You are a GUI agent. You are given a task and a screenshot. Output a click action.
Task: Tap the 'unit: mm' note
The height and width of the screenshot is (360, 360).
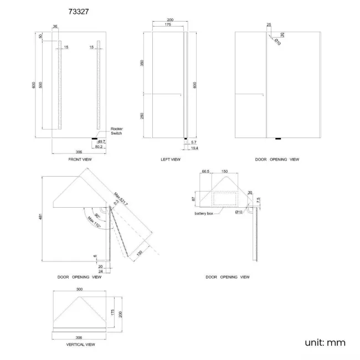click(325, 342)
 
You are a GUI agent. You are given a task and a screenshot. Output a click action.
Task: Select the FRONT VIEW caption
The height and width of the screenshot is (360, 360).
click(80, 159)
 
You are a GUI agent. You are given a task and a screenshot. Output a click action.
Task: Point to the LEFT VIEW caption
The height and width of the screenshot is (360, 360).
click(170, 159)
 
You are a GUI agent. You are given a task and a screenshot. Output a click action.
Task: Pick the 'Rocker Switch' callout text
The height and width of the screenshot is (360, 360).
click(116, 131)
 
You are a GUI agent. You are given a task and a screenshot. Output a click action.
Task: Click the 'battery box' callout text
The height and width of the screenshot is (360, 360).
click(204, 213)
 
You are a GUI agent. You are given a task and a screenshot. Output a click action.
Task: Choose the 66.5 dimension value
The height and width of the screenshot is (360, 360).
click(205, 172)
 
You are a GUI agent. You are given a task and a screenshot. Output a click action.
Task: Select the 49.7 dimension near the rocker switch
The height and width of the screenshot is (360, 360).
click(101, 142)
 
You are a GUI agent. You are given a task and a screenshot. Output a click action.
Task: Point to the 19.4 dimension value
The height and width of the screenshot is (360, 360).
click(195, 148)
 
